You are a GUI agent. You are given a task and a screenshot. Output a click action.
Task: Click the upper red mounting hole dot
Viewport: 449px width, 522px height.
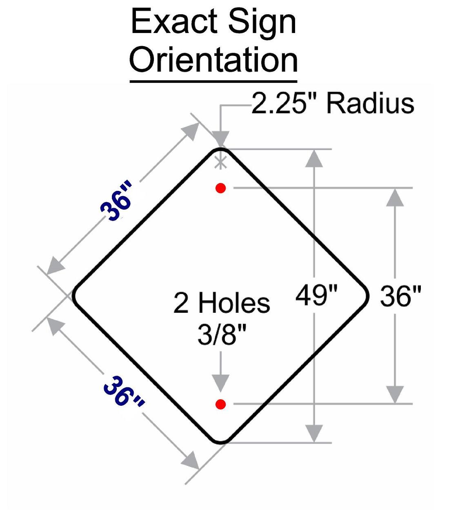pos(221,188)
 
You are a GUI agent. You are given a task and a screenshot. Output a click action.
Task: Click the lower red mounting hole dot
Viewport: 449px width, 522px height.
pos(221,404)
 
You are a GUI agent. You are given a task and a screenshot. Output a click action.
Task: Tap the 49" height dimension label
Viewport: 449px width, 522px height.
pos(317,295)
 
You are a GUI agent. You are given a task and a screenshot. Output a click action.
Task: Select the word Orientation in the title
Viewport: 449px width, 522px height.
pos(213,60)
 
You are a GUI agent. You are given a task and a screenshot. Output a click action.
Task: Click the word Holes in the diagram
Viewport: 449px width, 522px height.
pos(234,303)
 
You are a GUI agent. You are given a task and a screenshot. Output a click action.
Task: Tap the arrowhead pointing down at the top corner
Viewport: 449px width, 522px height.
pos(220,137)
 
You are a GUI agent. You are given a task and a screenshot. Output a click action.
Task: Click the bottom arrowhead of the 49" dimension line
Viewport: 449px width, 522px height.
pos(313,433)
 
